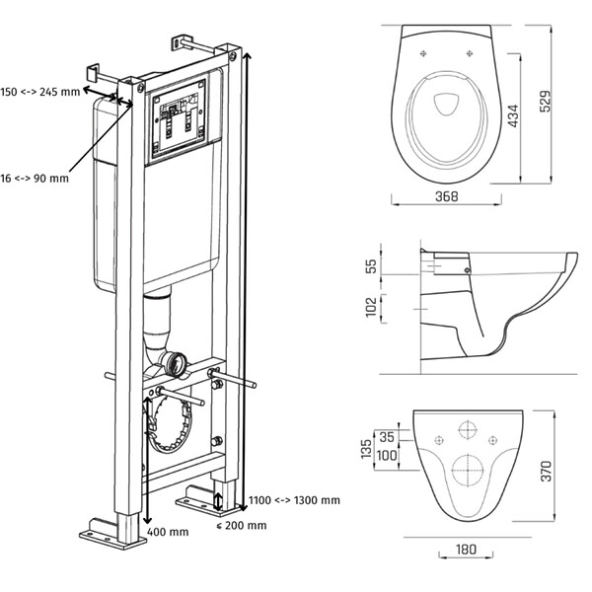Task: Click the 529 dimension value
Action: (546, 102)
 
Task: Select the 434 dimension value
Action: (513, 115)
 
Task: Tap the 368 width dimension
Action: (446, 196)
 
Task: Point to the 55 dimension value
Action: (372, 265)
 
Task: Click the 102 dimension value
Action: (372, 307)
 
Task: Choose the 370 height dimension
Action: (546, 471)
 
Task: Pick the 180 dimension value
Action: (466, 550)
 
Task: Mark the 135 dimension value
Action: (366, 449)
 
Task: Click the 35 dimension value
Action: (387, 437)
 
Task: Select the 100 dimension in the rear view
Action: (387, 455)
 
